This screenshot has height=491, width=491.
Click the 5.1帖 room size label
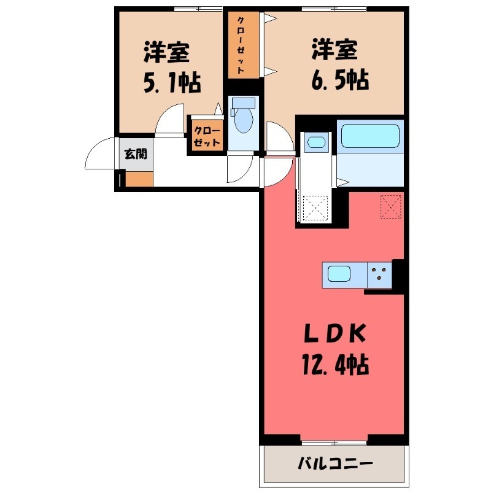pyautogui.click(x=172, y=83)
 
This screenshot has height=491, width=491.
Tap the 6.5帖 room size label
pyautogui.click(x=339, y=80)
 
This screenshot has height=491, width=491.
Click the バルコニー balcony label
pyautogui.click(x=335, y=463)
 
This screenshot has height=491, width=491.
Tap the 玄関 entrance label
pyautogui.click(x=136, y=153)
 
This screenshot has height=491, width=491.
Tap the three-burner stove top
pyautogui.click(x=380, y=274)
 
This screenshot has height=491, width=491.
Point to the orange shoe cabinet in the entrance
pyautogui.click(x=139, y=179)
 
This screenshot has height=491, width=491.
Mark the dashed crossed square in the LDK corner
pyautogui.click(x=391, y=206)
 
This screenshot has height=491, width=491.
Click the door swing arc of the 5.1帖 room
pyautogui.click(x=169, y=121)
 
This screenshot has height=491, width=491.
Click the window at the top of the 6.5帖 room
pyautogui.click(x=334, y=9)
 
